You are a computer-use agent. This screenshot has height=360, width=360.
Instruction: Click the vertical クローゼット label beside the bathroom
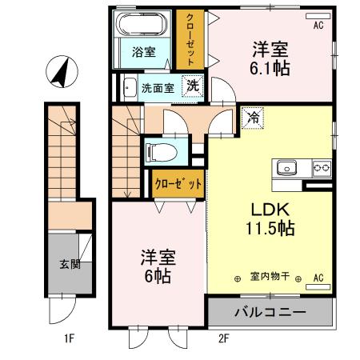click(190, 38)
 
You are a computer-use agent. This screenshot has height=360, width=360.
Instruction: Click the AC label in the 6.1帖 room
click(318, 26)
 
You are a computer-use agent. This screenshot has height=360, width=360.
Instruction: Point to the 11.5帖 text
click(268, 228)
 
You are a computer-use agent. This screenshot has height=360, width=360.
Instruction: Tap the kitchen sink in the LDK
click(287, 167)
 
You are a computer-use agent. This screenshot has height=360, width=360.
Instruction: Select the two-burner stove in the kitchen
click(322, 167)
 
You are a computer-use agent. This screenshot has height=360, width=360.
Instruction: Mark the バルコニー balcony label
click(269, 311)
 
